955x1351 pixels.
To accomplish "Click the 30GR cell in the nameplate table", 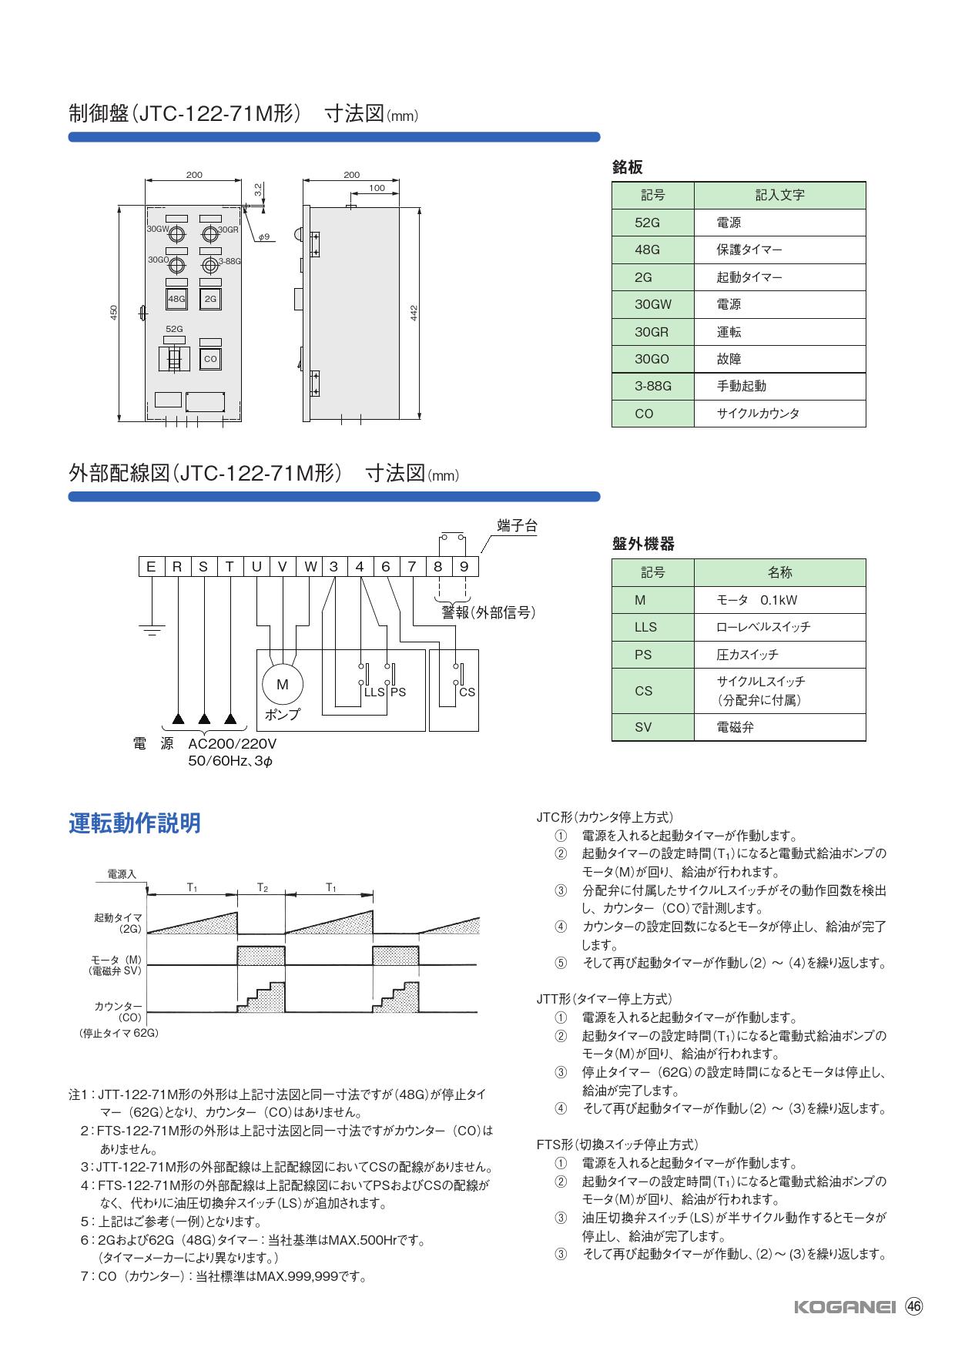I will (x=652, y=332).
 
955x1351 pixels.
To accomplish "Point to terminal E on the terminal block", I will (x=151, y=567).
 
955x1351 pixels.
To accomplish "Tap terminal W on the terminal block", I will (x=310, y=567).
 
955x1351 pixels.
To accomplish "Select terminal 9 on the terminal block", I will (x=464, y=567).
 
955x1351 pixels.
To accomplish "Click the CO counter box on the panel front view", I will (x=210, y=359).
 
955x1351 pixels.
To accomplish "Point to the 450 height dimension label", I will (x=113, y=313).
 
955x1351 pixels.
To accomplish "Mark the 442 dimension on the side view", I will (x=414, y=312).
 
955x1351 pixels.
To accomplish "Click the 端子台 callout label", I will (x=517, y=526).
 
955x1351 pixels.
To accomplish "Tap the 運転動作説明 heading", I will (x=135, y=823).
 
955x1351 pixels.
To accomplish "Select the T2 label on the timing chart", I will (x=262, y=887).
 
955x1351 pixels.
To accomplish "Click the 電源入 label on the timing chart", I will (x=121, y=874).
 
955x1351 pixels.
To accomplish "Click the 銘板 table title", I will (x=627, y=167).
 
